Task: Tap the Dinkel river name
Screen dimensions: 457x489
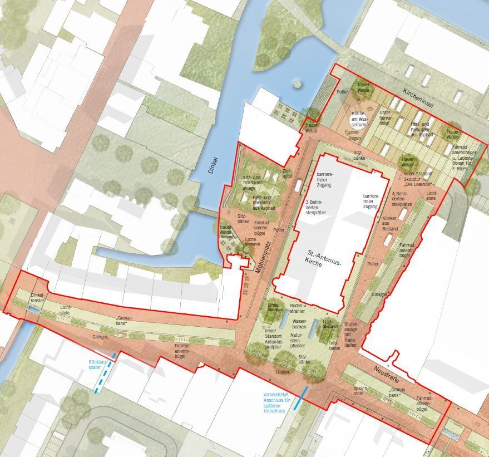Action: point(214,166)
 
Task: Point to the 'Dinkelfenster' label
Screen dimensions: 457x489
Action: point(37,298)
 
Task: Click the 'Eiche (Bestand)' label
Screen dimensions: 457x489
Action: point(253,242)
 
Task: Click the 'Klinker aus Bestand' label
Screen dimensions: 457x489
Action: point(390,223)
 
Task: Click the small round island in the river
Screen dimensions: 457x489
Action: point(298,85)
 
